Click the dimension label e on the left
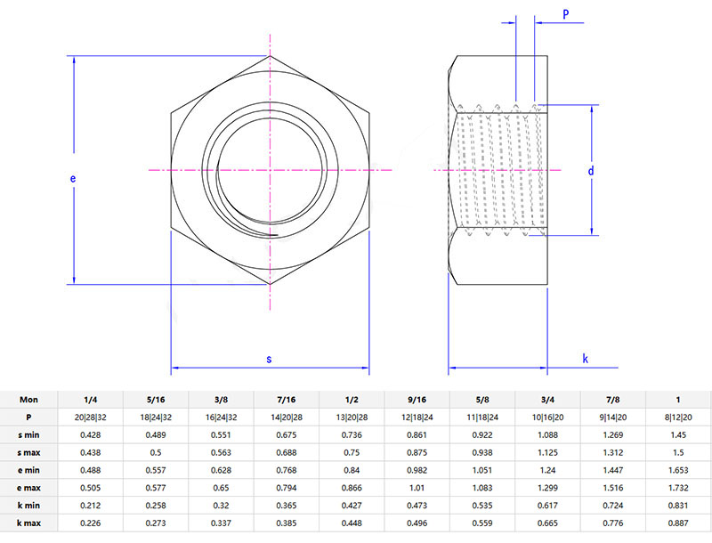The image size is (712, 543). click(x=73, y=178)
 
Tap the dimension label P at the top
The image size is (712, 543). click(x=565, y=14)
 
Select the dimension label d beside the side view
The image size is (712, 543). click(x=590, y=170)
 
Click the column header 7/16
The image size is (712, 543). click(x=287, y=400)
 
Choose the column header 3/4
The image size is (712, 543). click(x=548, y=400)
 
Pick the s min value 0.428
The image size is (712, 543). click(x=91, y=435)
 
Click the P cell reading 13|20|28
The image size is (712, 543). click(x=352, y=417)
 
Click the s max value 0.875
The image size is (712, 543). click(x=417, y=452)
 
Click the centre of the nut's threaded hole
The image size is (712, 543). click(x=270, y=169)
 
